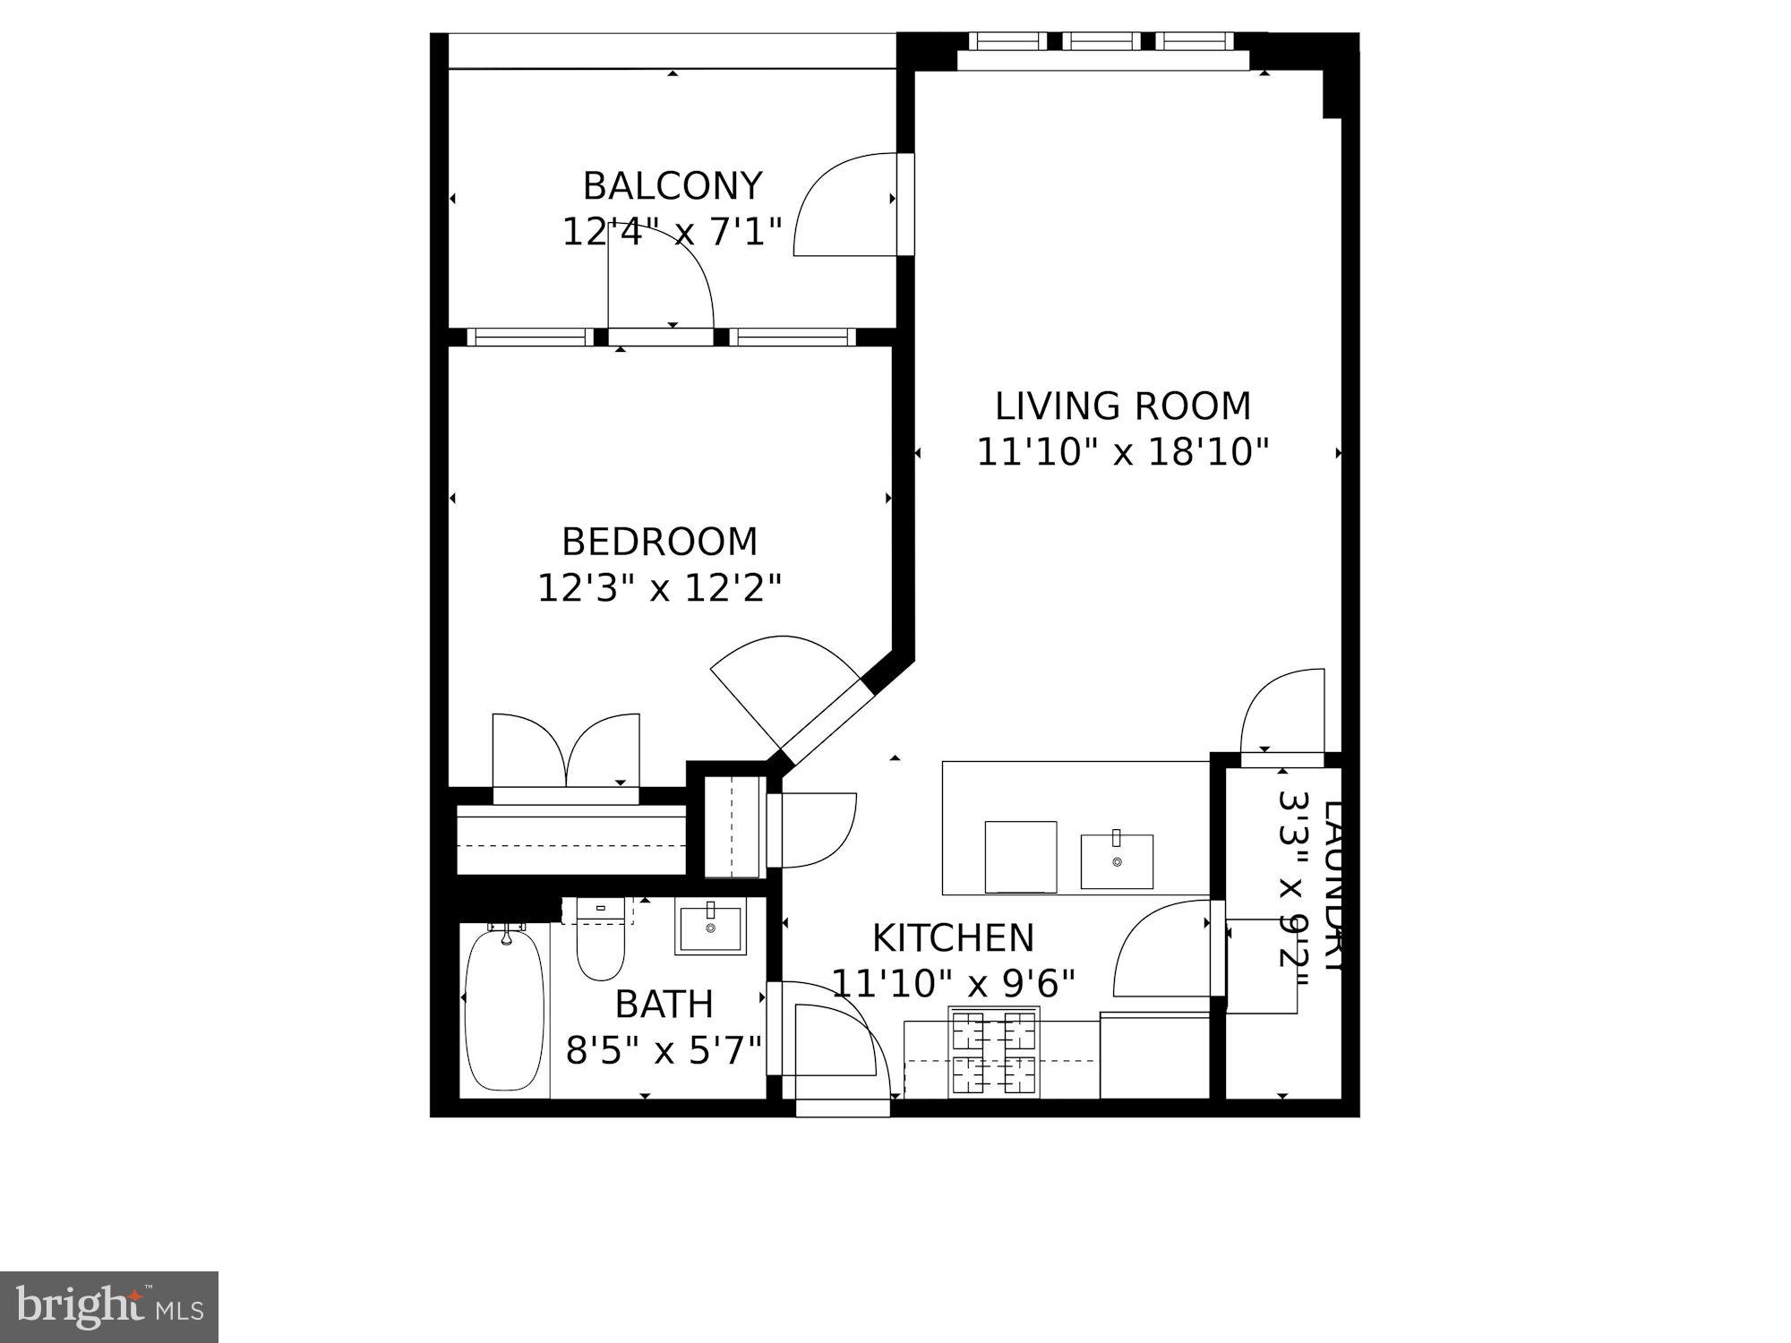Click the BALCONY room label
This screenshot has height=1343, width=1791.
coord(673,186)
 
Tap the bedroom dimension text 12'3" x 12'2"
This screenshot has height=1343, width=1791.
coord(660,588)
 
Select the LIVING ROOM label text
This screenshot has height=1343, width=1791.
coord(1123,406)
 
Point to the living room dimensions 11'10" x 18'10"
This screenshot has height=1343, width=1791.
coord(1123,452)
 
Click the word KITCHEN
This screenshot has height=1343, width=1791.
coord(953,938)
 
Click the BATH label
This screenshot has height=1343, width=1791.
coord(664,1005)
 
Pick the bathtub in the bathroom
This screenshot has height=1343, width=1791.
coord(505,1010)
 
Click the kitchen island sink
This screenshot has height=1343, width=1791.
coord(1117,860)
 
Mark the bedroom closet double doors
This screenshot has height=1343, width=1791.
coord(566,752)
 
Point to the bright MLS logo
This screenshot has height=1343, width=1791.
coord(109,1306)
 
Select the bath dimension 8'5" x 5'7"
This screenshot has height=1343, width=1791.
coord(664,1050)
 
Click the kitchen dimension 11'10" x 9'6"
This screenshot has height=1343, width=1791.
coord(953,984)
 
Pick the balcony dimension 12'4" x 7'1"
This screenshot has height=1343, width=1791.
coord(673,232)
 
